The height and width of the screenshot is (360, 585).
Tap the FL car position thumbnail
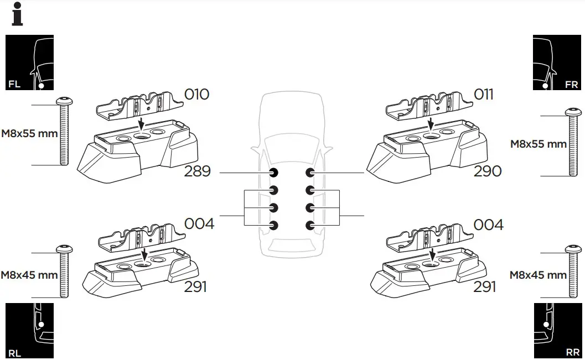coord(29,62)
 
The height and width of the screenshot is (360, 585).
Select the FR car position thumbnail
coord(557,62)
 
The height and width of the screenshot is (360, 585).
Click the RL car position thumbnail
coord(29,331)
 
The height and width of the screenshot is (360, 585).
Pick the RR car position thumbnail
coord(557,331)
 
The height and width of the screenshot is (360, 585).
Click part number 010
coord(196,95)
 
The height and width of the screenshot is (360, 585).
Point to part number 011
coord(483,95)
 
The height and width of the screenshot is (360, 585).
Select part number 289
coord(197,171)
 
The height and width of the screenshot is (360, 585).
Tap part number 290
coord(488,171)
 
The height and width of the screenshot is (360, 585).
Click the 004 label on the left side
coord(199,225)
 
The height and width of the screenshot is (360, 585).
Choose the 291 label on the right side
coord(484,286)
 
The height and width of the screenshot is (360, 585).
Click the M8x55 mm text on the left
coord(29,134)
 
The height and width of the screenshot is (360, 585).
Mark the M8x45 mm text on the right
coord(538,275)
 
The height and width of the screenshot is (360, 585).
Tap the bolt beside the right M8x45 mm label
coord(573,274)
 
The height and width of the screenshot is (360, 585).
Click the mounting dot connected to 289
coord(273,173)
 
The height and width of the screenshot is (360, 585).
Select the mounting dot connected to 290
coord(310,173)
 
